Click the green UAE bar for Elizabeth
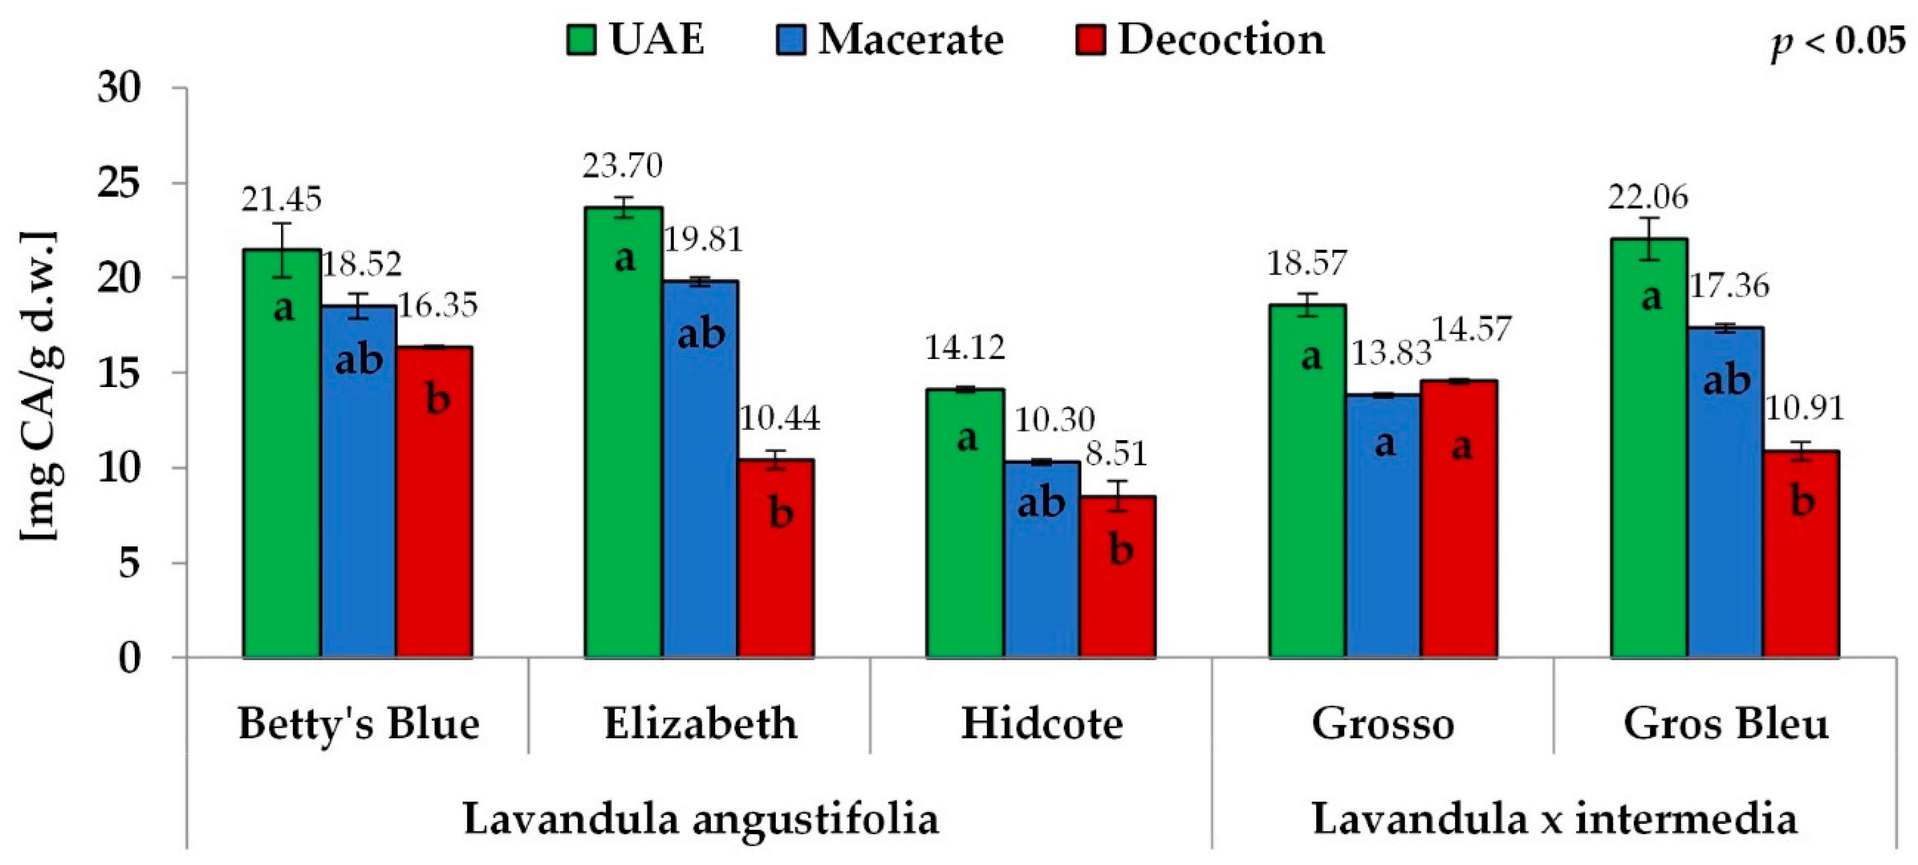point(623,432)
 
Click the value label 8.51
point(1116,454)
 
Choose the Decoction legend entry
point(1200,40)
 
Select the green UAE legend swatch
point(581,40)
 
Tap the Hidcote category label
point(1042,724)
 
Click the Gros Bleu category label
point(1725,724)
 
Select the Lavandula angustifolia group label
point(701,819)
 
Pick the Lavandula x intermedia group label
point(1554,819)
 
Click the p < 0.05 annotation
point(1837,41)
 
